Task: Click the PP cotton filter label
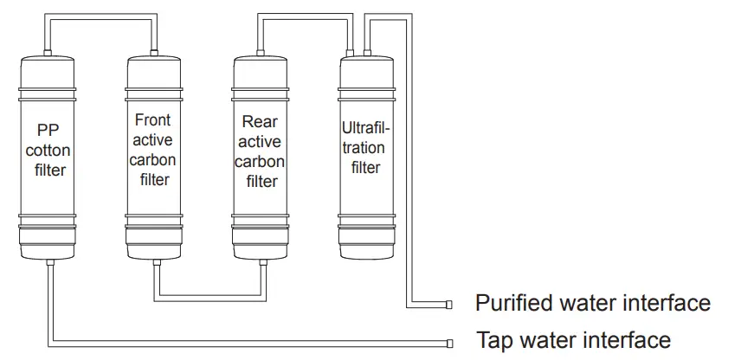click(50, 150)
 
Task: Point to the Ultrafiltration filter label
click(365, 147)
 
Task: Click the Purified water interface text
click(592, 303)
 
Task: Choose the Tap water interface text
click(573, 339)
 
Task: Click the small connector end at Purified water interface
click(448, 304)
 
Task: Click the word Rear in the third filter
click(260, 123)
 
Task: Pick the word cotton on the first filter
click(50, 150)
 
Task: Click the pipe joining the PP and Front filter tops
click(101, 22)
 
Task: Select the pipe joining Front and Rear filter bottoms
click(207, 299)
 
